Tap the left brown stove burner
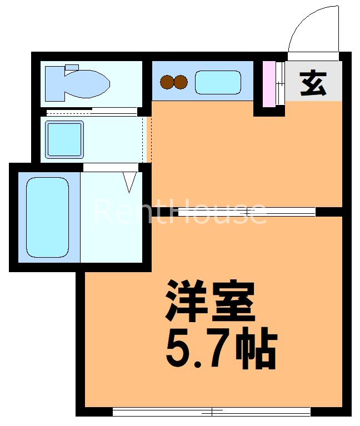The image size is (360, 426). click(167, 83)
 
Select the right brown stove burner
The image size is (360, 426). click(181, 83)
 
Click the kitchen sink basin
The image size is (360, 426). click(217, 83)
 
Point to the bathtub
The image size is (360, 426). click(47, 217)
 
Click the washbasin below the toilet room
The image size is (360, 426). click(64, 139)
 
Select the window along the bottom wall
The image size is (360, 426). click(211, 412)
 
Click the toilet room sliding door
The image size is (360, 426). click(92, 112)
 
